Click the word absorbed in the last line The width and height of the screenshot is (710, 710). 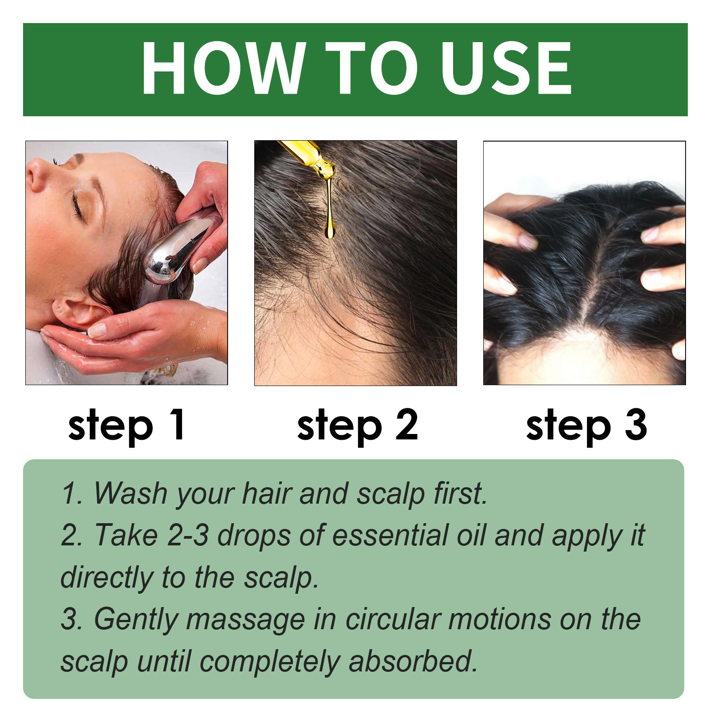click(413, 661)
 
